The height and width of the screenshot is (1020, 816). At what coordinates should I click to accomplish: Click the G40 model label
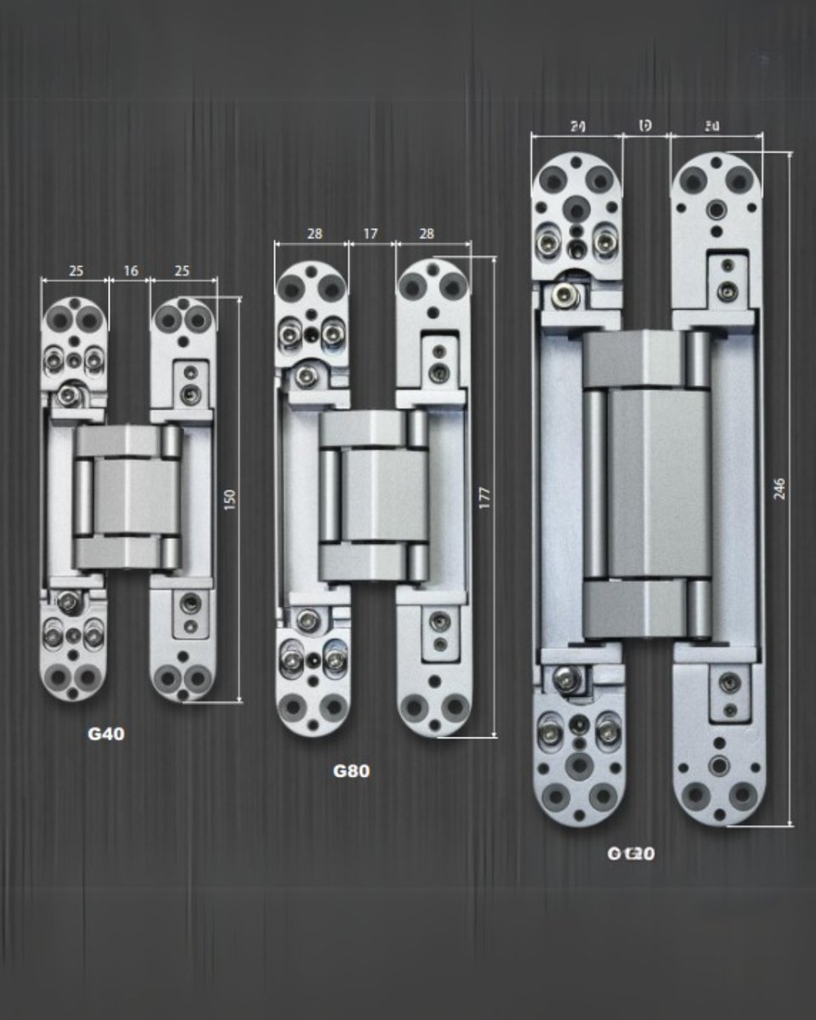click(x=105, y=734)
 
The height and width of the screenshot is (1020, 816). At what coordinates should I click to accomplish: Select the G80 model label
click(x=351, y=772)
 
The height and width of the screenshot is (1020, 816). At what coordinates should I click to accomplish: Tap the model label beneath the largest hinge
click(x=631, y=853)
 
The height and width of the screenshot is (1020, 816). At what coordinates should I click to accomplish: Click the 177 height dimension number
click(x=484, y=499)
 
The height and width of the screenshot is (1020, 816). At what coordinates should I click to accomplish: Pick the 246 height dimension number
click(x=779, y=488)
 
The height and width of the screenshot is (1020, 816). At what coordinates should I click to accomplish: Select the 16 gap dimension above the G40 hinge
click(x=131, y=271)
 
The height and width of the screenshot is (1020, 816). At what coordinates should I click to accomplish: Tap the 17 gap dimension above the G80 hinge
click(x=371, y=234)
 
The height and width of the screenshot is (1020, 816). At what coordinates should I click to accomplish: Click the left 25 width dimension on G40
click(x=76, y=271)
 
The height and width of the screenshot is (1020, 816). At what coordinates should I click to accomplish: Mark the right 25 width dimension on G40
click(x=183, y=271)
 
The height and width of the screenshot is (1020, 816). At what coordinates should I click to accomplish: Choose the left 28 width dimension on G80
click(x=314, y=234)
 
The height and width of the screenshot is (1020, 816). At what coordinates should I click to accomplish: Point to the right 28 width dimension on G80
click(x=427, y=234)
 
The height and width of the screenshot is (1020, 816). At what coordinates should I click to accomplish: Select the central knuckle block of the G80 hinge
click(x=374, y=496)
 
